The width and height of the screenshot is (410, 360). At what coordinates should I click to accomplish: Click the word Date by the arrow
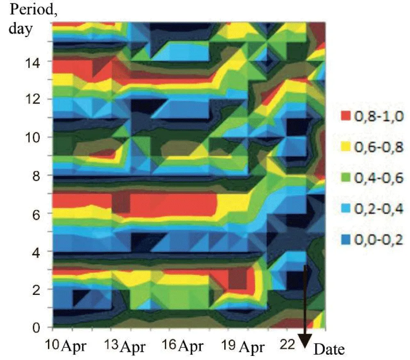click(329, 349)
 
